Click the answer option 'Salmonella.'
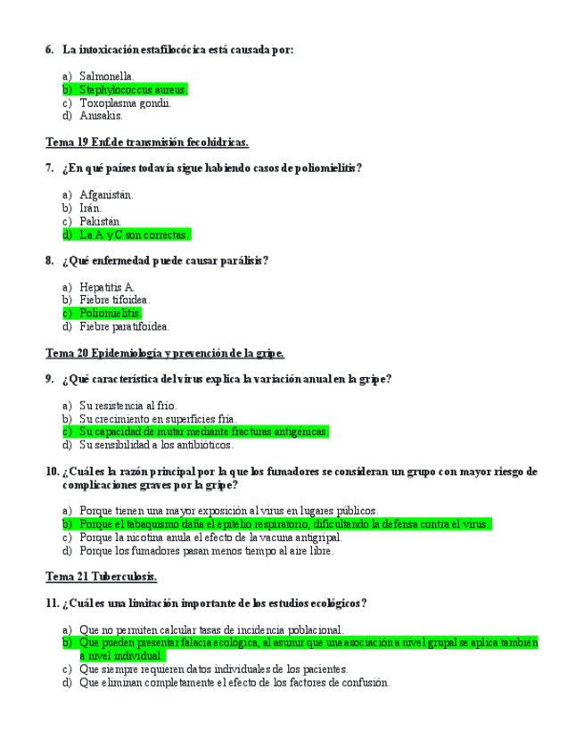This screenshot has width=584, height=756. (106, 77)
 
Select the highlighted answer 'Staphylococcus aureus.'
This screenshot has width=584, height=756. (133, 90)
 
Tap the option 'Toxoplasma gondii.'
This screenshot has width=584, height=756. (125, 103)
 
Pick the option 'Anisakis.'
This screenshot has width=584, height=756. (101, 115)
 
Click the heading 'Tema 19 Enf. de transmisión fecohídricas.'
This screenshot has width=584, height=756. (146, 143)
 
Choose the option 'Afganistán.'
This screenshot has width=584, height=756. (106, 194)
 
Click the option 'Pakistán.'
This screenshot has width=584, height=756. (101, 221)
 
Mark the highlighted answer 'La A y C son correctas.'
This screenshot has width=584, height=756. (134, 234)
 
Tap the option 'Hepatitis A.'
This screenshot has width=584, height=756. (107, 287)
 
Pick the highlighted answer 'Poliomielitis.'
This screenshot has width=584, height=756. (110, 313)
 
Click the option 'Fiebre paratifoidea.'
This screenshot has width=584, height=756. (124, 326)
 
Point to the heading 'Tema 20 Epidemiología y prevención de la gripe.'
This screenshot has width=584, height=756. (164, 353)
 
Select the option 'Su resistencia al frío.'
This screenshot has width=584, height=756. (127, 406)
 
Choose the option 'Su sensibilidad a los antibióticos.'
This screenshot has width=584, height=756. (156, 444)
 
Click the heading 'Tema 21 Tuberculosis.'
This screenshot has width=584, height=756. (101, 577)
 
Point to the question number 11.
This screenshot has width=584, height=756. (51, 604)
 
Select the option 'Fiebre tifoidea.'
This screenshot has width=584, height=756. (114, 300)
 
